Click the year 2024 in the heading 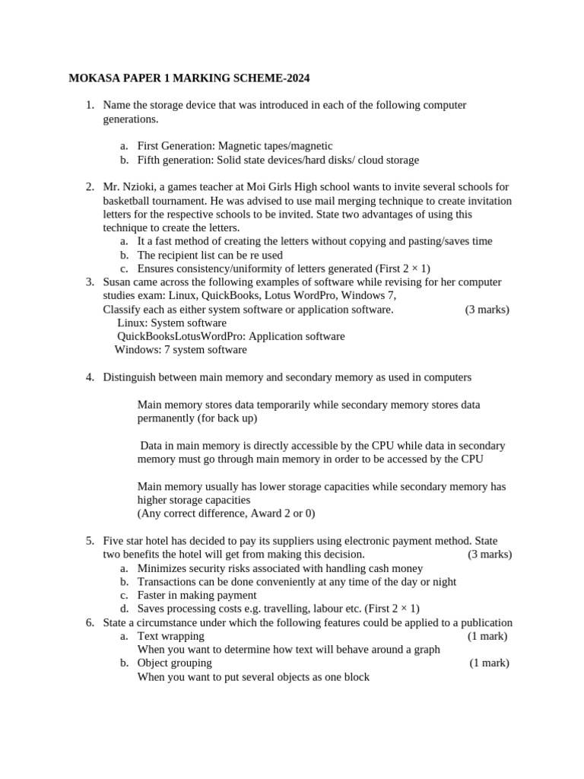tap(296, 78)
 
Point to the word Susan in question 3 tap(118, 282)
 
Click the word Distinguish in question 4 tap(132, 377)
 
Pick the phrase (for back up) tap(227, 418)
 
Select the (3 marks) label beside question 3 tap(487, 310)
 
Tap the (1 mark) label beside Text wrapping tap(487, 636)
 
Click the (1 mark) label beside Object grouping tap(489, 663)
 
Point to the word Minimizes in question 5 tap(162, 568)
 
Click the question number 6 tap(89, 622)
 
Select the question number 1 tap(89, 105)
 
